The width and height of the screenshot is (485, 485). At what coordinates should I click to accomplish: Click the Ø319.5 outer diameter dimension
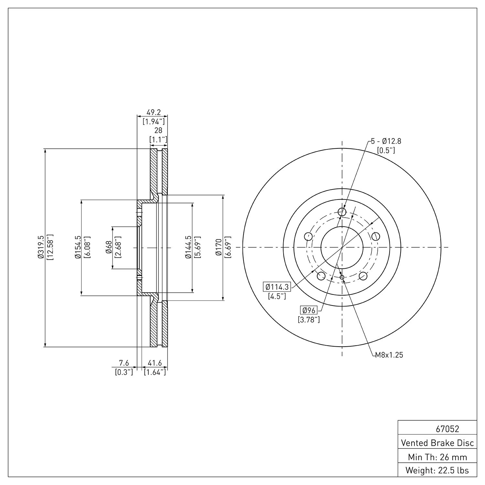coord(41,248)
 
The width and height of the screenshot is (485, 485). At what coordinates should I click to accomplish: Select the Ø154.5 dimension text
coord(78,248)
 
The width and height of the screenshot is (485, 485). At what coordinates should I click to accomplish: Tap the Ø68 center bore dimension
coord(109,248)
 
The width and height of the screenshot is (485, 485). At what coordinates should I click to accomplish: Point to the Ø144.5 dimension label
coord(189,248)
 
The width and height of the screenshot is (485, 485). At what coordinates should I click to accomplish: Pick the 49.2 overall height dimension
coord(154,113)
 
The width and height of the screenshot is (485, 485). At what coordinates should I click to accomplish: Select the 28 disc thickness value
coord(158,131)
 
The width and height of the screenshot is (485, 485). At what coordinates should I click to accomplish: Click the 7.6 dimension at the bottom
coord(124,364)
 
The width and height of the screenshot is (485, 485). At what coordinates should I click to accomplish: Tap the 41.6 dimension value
coord(155,364)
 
